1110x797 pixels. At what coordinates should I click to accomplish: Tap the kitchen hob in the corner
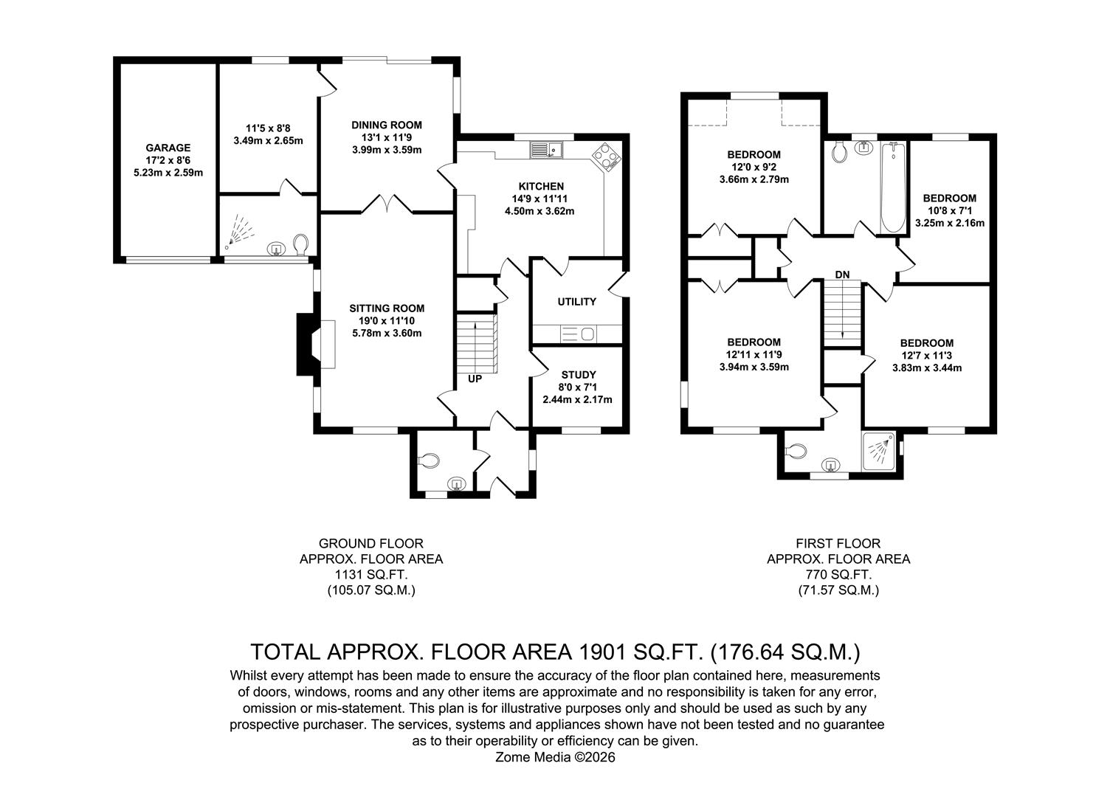pyautogui.click(x=607, y=157)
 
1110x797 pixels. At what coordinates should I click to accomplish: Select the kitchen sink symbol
pyautogui.click(x=546, y=150)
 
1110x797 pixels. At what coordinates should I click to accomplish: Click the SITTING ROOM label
pyautogui.click(x=387, y=308)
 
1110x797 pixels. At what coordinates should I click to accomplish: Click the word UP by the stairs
pyautogui.click(x=475, y=379)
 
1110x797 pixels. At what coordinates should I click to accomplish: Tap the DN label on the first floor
pyautogui.click(x=842, y=275)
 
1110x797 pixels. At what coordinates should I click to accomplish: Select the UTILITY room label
pyautogui.click(x=576, y=302)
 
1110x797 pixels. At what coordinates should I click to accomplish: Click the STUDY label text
pyautogui.click(x=578, y=375)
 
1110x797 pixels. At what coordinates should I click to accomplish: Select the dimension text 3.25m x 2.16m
pyautogui.click(x=949, y=222)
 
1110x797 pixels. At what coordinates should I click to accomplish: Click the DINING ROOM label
pyautogui.click(x=386, y=125)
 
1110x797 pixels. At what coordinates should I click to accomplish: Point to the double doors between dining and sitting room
pyautogui.click(x=386, y=204)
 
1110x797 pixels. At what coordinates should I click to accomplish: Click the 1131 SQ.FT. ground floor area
pyautogui.click(x=371, y=575)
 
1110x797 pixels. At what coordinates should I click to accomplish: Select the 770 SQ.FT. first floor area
pyautogui.click(x=838, y=575)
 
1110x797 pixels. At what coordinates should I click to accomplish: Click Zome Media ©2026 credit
pyautogui.click(x=555, y=757)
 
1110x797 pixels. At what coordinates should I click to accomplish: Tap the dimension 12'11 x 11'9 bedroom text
pyautogui.click(x=754, y=355)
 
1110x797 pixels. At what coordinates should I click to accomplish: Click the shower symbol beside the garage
pyautogui.click(x=238, y=231)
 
